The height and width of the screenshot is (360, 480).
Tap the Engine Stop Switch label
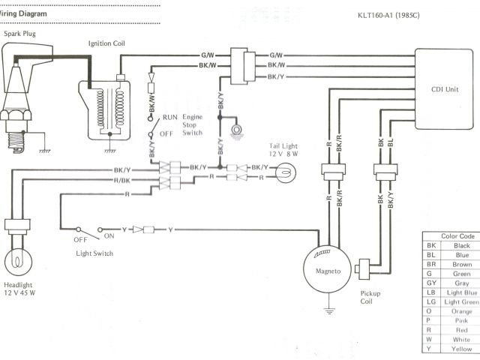click(192, 124)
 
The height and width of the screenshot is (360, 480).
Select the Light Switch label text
click(95, 253)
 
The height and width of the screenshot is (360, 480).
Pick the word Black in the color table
click(462, 245)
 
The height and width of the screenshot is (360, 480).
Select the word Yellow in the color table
click(462, 349)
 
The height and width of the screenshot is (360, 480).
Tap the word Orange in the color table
click(462, 310)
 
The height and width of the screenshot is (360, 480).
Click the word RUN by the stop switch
click(171, 118)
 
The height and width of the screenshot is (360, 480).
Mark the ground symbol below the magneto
click(328, 308)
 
